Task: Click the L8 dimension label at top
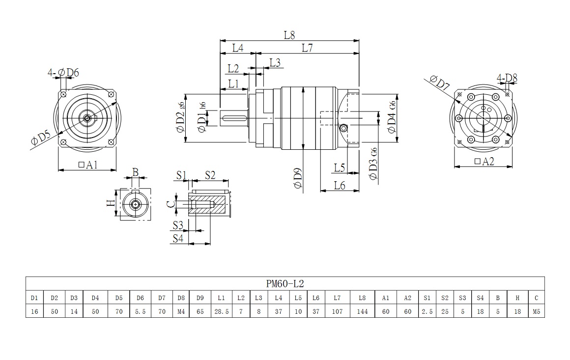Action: pyautogui.click(x=289, y=35)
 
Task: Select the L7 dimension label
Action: pyautogui.click(x=308, y=48)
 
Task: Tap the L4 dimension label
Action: pyautogui.click(x=238, y=48)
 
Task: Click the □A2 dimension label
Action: pyautogui.click(x=484, y=162)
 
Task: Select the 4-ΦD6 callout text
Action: pyautogui.click(x=63, y=73)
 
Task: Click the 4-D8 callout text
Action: pyautogui.click(x=507, y=78)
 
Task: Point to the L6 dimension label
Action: pyautogui.click(x=340, y=185)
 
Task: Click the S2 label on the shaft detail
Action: pyautogui.click(x=210, y=174)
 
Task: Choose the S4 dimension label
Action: pyautogui.click(x=178, y=238)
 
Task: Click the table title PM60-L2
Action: pyautogui.click(x=285, y=283)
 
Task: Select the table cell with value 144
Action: pyautogui.click(x=363, y=311)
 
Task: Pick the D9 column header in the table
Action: pyautogui.click(x=200, y=298)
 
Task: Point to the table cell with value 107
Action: pyautogui.click(x=337, y=311)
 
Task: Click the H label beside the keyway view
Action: pyautogui.click(x=111, y=202)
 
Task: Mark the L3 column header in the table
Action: pyautogui.click(x=258, y=298)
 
